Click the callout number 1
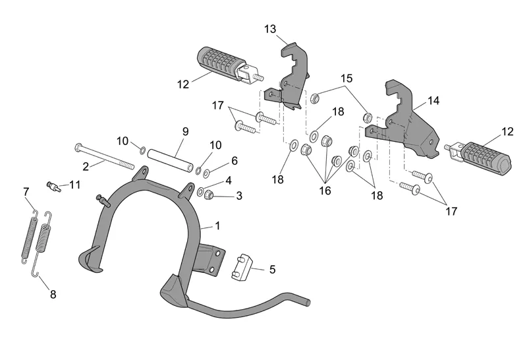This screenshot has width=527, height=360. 217,225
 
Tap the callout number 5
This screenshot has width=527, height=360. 273,269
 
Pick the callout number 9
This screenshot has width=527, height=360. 185,131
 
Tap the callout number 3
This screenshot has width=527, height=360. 239,196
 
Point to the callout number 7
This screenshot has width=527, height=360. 26,191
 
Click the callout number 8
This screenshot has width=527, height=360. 53,295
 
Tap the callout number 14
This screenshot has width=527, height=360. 433,101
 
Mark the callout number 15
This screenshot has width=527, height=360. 347,78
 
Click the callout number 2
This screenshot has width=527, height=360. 85,167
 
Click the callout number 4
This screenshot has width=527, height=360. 228,180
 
